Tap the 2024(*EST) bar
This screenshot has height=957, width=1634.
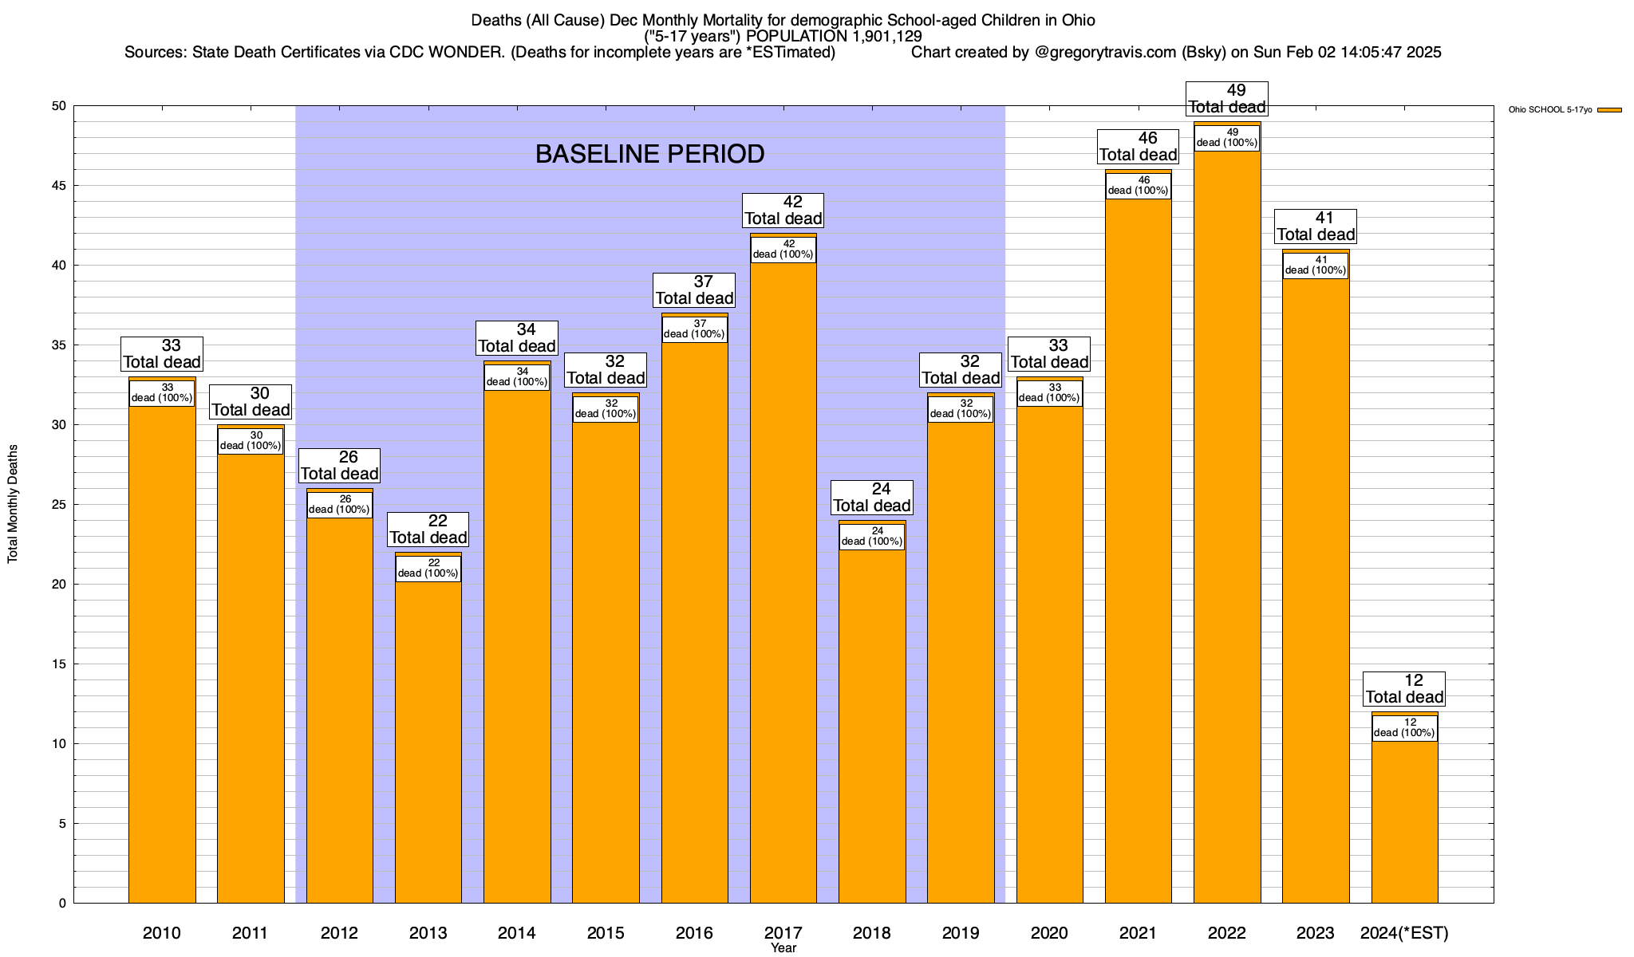1404,821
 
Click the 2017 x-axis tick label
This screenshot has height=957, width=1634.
783,932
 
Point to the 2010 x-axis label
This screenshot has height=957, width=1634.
162,932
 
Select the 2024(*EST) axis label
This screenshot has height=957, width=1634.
1404,932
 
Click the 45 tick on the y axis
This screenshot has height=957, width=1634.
61,186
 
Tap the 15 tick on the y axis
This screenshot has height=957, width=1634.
61,664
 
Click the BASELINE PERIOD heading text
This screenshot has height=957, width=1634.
649,154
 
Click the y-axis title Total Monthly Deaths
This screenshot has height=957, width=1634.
13,504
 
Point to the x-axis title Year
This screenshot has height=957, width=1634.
783,948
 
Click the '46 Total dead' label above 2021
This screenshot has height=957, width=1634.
1139,147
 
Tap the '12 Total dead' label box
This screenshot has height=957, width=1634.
1404,689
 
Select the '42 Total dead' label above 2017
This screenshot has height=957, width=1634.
783,211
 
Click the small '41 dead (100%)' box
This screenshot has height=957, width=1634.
1316,266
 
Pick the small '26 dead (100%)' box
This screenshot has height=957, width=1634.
339,505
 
